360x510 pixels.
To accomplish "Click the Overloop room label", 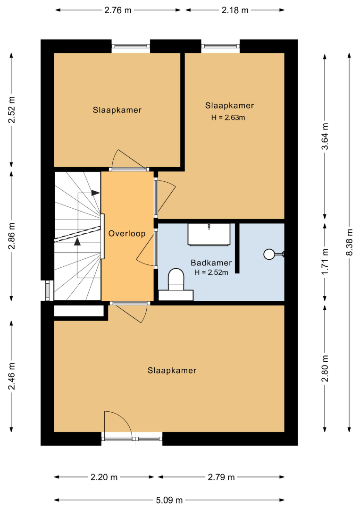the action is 127,234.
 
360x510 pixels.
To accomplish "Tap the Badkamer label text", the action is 211,263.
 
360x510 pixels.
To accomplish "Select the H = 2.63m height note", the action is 228,118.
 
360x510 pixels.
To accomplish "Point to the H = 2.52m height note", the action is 211,272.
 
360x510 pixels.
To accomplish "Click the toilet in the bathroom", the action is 176,279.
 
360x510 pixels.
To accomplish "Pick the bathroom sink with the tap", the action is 209,234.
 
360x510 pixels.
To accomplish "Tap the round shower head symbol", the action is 269,255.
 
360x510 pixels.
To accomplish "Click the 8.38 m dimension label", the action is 350,242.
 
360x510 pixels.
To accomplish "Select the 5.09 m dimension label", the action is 169,500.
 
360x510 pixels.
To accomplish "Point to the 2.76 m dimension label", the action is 118,10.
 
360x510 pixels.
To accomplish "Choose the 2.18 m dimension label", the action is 235,10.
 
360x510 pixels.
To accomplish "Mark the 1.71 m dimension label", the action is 325,261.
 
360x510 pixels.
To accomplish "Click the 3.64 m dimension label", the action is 325,136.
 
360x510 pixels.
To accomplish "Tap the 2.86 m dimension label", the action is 12,236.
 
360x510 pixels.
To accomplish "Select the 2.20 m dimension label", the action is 104,477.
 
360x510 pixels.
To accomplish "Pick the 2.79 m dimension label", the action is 221,477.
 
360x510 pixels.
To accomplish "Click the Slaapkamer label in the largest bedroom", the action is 172,371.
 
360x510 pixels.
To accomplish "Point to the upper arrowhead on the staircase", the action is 95,193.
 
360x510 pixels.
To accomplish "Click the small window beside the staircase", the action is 48,290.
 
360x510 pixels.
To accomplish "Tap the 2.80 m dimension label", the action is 325,368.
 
